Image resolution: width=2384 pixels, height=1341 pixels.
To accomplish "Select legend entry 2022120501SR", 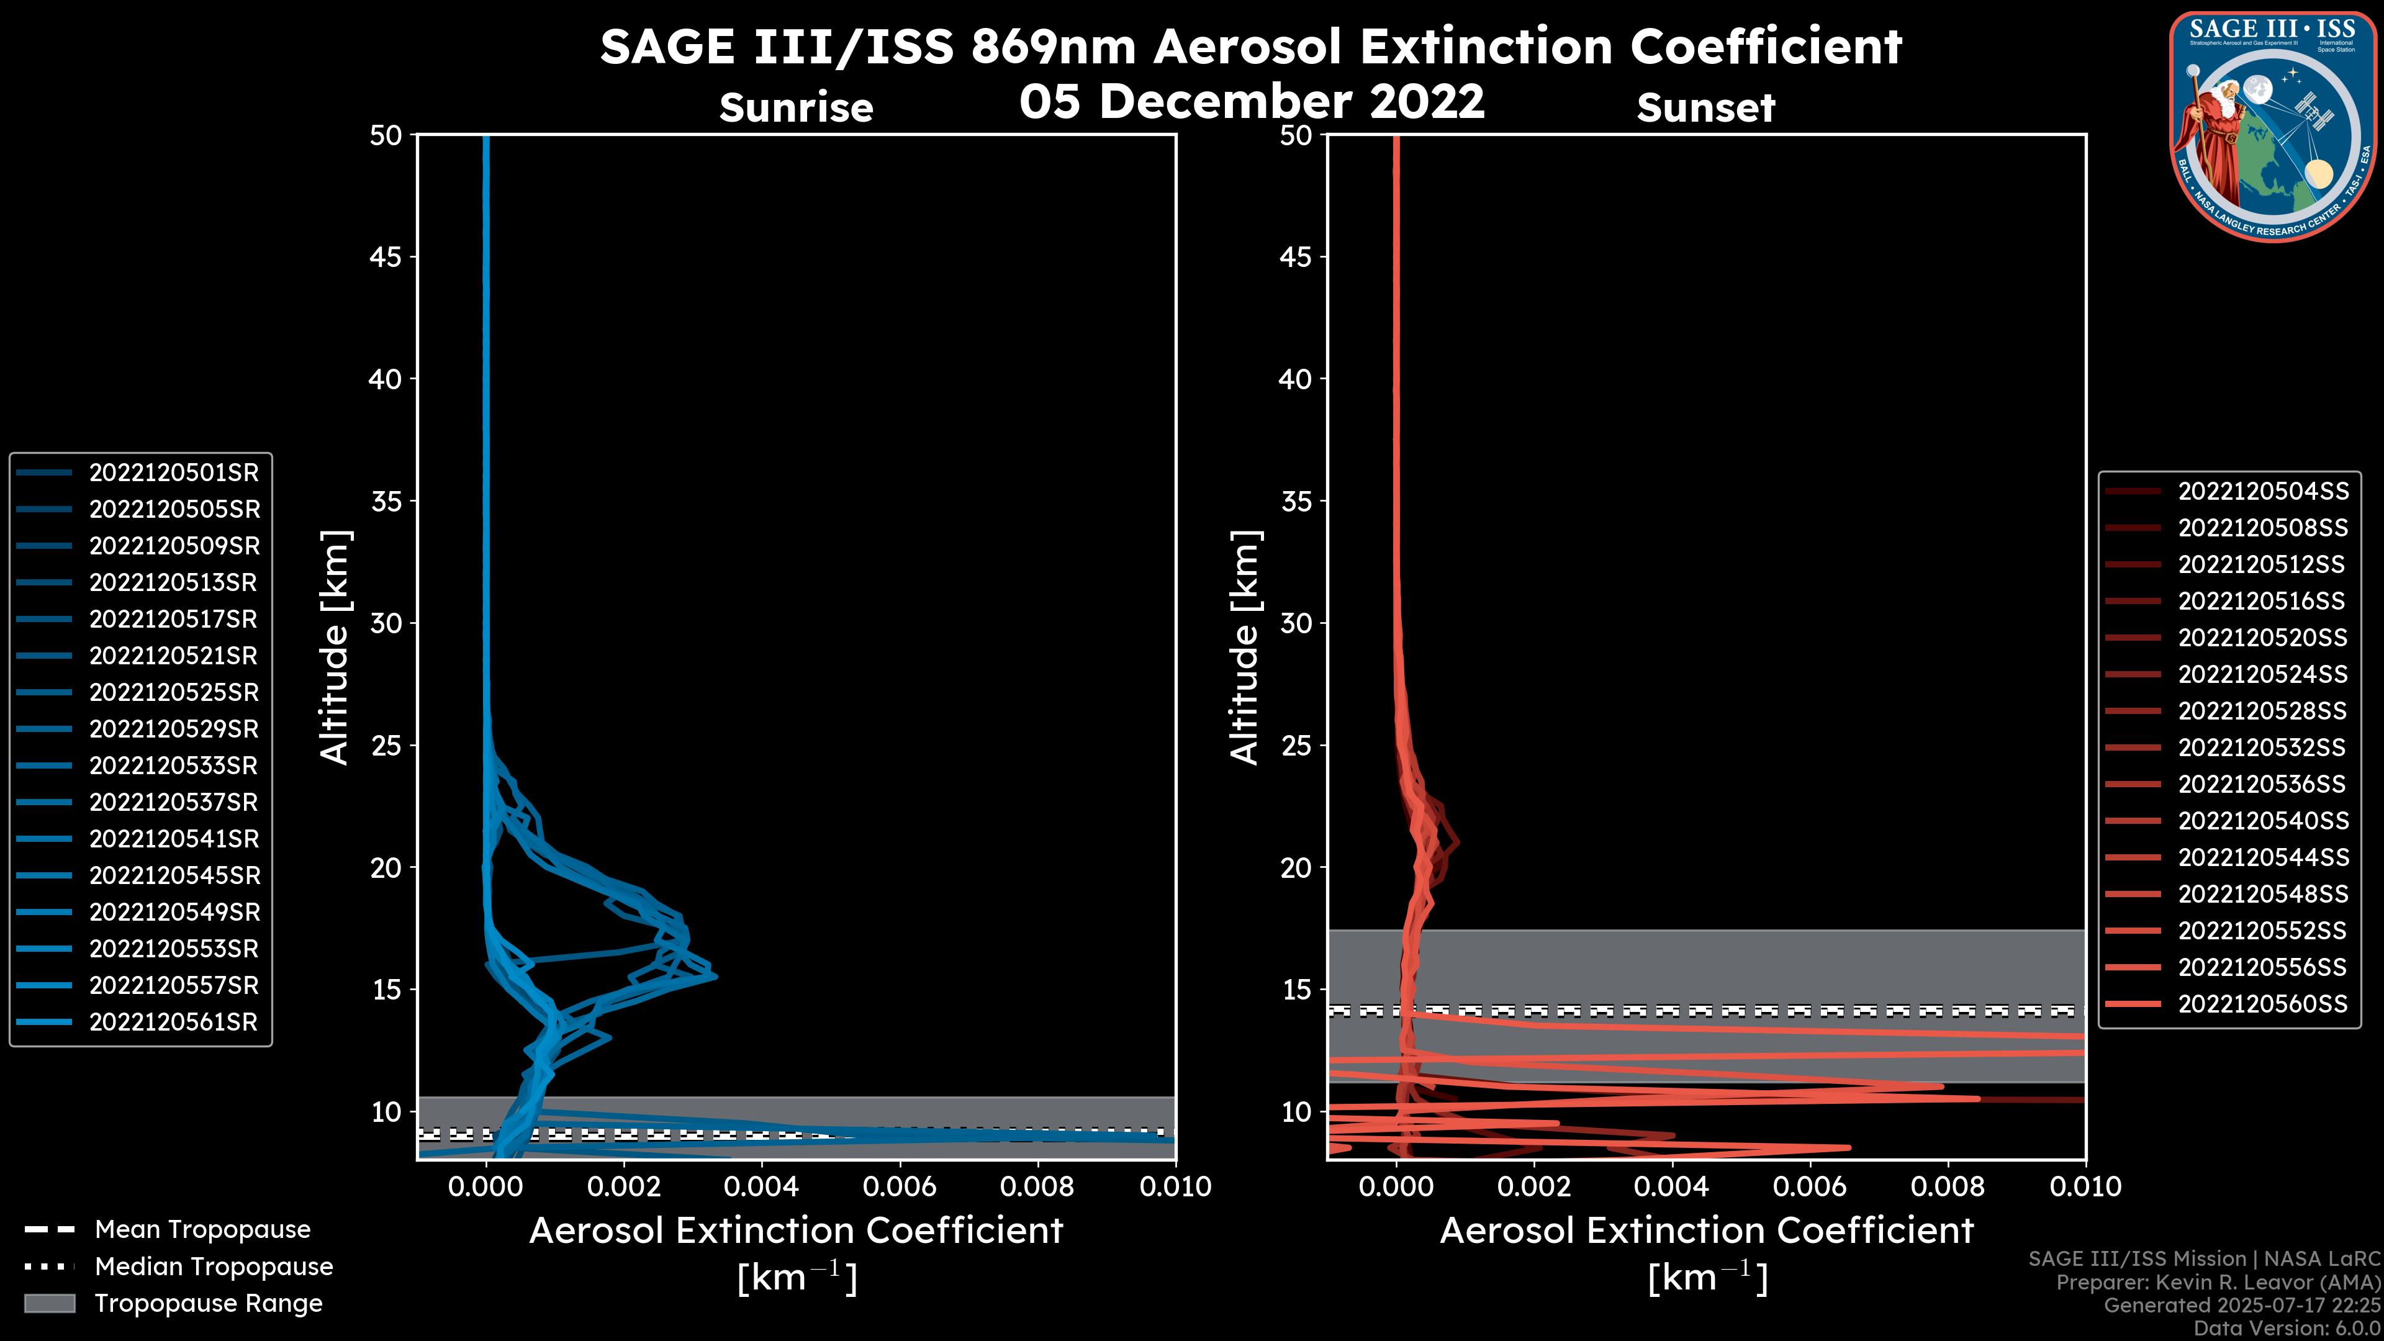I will tap(173, 473).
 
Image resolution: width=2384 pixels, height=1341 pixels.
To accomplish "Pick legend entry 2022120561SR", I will tap(173, 1023).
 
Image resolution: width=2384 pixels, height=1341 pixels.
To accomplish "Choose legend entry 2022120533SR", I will tap(173, 766).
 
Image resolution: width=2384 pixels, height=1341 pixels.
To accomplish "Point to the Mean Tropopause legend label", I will tap(202, 1230).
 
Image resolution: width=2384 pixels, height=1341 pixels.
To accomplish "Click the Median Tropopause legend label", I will tap(214, 1267).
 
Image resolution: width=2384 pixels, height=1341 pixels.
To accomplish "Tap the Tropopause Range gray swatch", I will tap(50, 1304).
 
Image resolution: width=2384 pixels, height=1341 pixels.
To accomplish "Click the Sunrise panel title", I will tap(796, 108).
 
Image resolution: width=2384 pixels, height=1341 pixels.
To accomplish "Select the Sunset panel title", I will tap(1705, 108).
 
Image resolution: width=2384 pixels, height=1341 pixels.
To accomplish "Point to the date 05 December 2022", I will tap(1251, 100).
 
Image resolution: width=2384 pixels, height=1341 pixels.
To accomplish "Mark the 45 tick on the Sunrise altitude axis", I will tap(386, 257).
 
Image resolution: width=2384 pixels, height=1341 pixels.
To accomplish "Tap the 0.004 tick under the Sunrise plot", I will tap(762, 1186).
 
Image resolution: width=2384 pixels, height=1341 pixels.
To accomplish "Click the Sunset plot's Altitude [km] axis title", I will tap(1245, 648).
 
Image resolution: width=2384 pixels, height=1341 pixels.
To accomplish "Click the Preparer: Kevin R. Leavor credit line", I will tap(2218, 1283).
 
